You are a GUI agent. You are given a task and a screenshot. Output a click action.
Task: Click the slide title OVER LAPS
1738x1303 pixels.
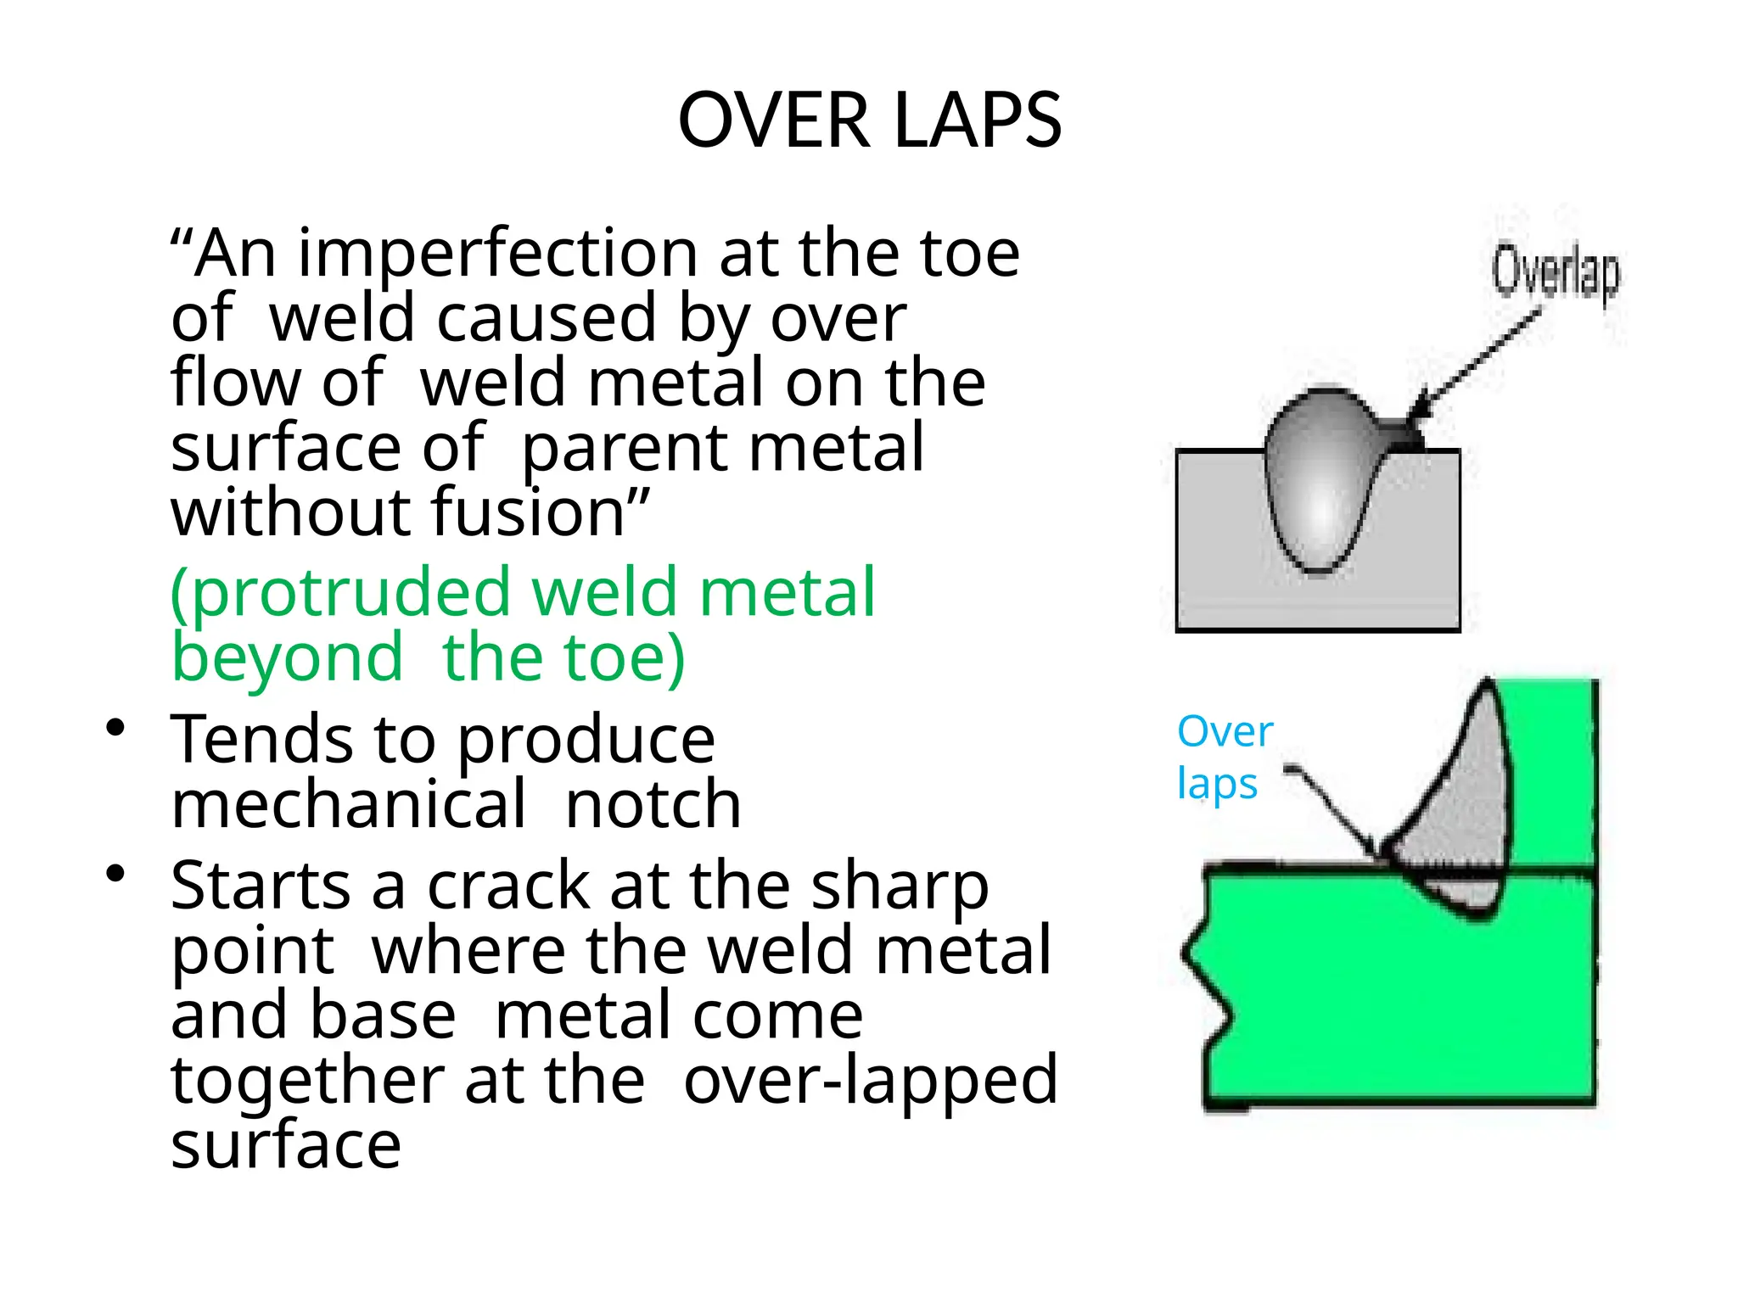[x=869, y=120]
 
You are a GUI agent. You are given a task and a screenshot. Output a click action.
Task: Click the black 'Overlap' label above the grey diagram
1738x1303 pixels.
[x=1556, y=271]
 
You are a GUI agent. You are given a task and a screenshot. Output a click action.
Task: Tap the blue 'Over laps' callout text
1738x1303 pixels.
[x=1223, y=757]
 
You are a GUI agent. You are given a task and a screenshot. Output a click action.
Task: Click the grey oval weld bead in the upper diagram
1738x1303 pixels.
[x=1318, y=484]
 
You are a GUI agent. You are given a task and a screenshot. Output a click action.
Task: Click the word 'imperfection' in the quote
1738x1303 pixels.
[x=497, y=254]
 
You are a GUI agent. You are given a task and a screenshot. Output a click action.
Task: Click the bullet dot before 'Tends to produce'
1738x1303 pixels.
[x=116, y=727]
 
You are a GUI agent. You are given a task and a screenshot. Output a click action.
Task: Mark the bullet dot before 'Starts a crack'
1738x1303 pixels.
[x=116, y=873]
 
